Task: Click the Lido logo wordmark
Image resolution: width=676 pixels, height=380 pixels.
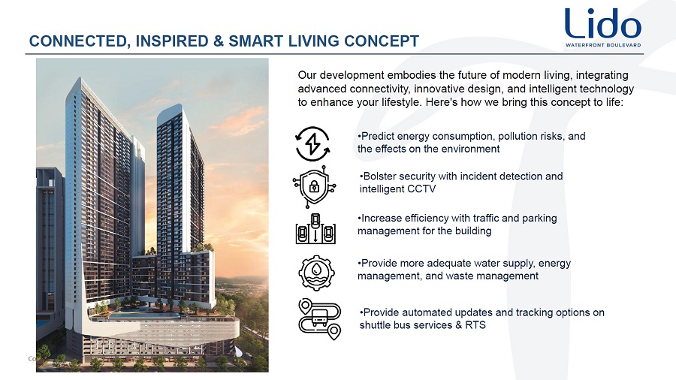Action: coord(602,23)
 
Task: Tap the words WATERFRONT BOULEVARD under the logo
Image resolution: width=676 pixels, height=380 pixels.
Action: coord(603,45)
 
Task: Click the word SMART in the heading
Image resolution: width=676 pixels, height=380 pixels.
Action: coord(256,41)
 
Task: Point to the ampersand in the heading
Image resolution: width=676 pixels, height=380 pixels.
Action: coord(219,41)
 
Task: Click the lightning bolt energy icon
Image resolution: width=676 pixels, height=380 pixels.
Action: coord(313,144)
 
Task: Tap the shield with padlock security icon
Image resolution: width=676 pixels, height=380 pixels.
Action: coord(314,186)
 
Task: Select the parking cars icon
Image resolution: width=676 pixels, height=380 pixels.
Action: coord(315,229)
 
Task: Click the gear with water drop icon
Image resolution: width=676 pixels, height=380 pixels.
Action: coord(316,273)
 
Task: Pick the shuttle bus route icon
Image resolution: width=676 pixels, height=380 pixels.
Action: coord(319,319)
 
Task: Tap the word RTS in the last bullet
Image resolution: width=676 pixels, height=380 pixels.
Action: coord(475,325)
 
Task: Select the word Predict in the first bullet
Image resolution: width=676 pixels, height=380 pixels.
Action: coord(378,136)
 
